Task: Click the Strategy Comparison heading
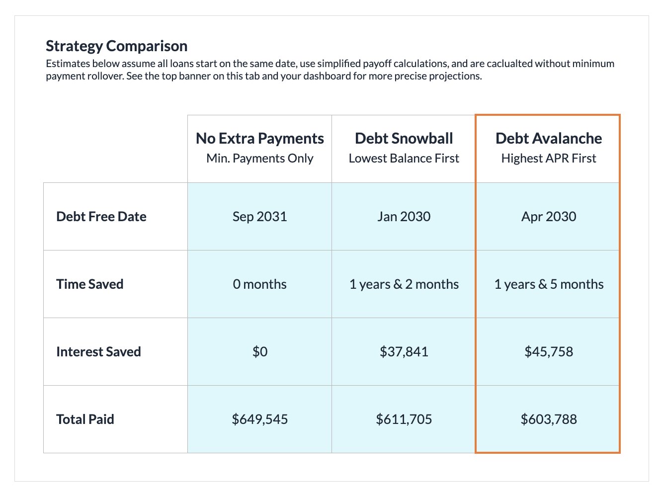click(x=116, y=46)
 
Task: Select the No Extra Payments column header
click(x=259, y=139)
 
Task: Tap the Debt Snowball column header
click(x=404, y=139)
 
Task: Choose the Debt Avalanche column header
click(x=548, y=139)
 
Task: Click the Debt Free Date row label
click(x=101, y=217)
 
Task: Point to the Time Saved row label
click(x=90, y=284)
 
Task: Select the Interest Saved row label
click(x=98, y=352)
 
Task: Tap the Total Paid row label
click(x=85, y=419)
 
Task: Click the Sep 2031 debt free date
click(x=259, y=217)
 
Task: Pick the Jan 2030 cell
click(x=404, y=217)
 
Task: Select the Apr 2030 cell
click(x=548, y=217)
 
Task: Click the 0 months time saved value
click(x=259, y=284)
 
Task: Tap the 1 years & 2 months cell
click(x=404, y=284)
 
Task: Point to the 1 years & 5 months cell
click(x=548, y=284)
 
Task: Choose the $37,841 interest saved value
click(x=404, y=352)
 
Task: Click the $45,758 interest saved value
click(x=548, y=352)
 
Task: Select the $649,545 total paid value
click(x=259, y=419)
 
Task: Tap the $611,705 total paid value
click(x=404, y=419)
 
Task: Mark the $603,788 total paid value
click(x=548, y=419)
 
